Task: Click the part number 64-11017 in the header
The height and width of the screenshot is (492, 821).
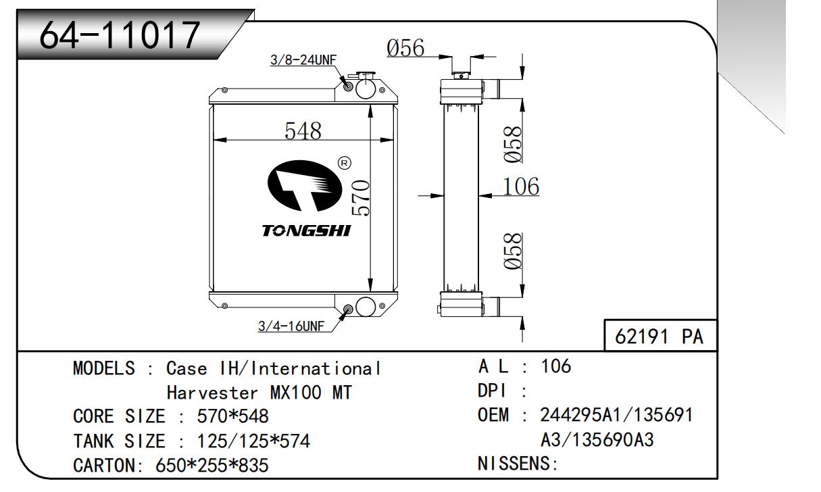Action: pyautogui.click(x=120, y=34)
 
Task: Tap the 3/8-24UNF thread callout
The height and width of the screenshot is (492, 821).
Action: pyautogui.click(x=303, y=60)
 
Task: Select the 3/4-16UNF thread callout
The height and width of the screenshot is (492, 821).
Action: pyautogui.click(x=291, y=326)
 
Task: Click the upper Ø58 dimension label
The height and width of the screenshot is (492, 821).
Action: pyautogui.click(x=512, y=144)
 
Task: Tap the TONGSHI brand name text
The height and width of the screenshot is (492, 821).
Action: pyautogui.click(x=306, y=231)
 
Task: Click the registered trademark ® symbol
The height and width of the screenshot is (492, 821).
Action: pyautogui.click(x=343, y=163)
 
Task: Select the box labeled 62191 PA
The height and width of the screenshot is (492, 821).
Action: pyautogui.click(x=659, y=337)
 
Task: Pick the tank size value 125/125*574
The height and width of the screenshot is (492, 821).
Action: pyautogui.click(x=253, y=441)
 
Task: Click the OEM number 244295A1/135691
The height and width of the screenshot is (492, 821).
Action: pyautogui.click(x=616, y=414)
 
